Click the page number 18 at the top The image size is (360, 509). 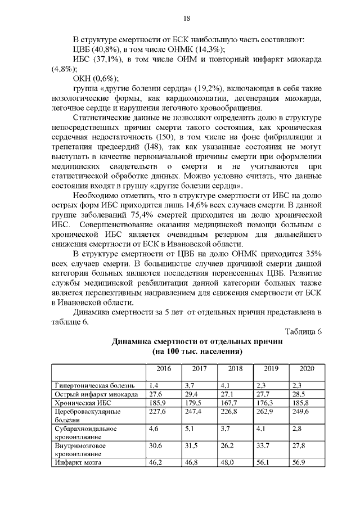187,19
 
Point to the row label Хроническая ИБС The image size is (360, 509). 80,403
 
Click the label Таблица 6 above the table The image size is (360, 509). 303,331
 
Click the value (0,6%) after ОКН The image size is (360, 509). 105,79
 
